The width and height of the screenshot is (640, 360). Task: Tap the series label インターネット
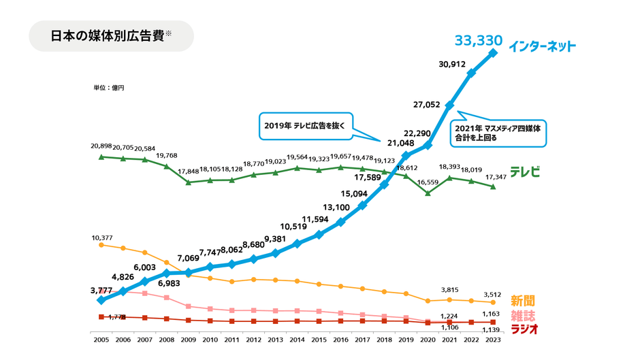pyautogui.click(x=543, y=47)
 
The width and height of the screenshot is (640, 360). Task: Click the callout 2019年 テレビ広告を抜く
pyautogui.click(x=305, y=125)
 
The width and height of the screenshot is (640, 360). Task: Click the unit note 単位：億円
pyautogui.click(x=109, y=88)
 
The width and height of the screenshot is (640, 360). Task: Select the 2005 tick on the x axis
pyautogui.click(x=101, y=338)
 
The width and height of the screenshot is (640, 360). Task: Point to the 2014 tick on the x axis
pyautogui.click(x=297, y=338)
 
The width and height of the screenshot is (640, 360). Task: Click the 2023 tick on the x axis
pyautogui.click(x=493, y=338)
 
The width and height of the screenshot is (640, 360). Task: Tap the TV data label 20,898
pyautogui.click(x=101, y=146)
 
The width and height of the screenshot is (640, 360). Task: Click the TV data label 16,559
pyautogui.click(x=428, y=182)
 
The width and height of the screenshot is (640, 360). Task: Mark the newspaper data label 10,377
pyautogui.click(x=101, y=238)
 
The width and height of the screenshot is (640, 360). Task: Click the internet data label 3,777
pyautogui.click(x=101, y=290)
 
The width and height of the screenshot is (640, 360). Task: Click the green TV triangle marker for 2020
pyautogui.click(x=428, y=193)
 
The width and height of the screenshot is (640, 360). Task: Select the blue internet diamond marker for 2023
pyautogui.click(x=493, y=51)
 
